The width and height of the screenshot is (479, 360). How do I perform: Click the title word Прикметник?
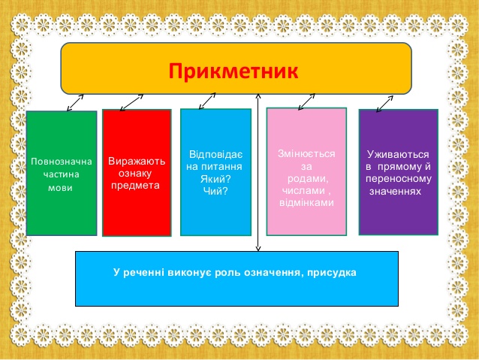[x=233, y=71]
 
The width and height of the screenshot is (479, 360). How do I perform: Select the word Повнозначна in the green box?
[x=62, y=162]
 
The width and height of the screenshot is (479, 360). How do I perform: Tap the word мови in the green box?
[x=61, y=187]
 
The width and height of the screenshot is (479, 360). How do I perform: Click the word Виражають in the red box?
[x=137, y=161]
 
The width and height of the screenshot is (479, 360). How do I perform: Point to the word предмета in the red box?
[x=135, y=186]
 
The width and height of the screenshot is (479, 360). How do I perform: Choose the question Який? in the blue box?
[x=215, y=179]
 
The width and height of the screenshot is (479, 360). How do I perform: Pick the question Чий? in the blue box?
[x=215, y=191]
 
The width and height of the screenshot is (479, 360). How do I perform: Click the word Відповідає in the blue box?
[x=215, y=154]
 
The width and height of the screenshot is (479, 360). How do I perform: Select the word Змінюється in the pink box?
[x=306, y=153]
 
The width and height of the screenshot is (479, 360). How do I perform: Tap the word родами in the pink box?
[x=308, y=179]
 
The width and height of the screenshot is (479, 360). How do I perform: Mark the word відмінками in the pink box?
[x=306, y=203]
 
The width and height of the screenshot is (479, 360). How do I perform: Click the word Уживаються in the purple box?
[x=398, y=155]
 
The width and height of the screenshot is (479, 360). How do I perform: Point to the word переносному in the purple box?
[x=399, y=179]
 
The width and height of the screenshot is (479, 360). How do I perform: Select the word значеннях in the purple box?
[x=396, y=192]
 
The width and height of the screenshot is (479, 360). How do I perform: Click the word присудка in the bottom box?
[x=331, y=273]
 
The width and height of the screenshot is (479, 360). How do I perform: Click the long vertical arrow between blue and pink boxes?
[x=258, y=173]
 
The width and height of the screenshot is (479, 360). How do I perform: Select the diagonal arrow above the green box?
[x=75, y=102]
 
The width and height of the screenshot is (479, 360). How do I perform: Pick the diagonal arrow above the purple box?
[x=384, y=104]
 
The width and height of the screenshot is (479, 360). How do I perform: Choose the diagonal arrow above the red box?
[x=131, y=102]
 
